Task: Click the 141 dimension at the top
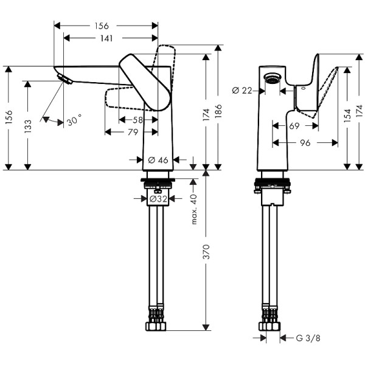point(106,38)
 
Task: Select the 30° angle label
point(74,120)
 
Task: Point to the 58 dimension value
point(139,119)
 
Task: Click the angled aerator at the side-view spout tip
point(63,78)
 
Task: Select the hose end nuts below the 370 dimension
point(156,322)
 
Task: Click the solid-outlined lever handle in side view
point(144,82)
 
